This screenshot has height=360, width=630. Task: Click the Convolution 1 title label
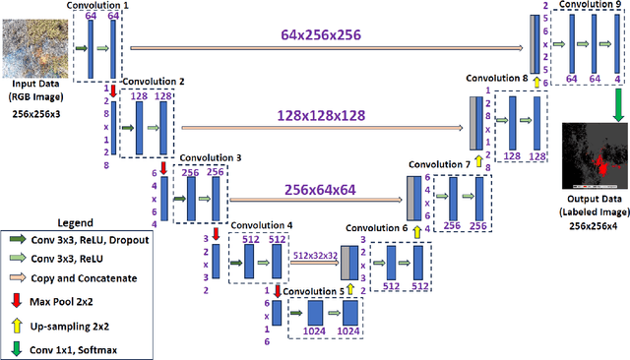coord(97,5)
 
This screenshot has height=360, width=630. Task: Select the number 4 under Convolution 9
coord(616,77)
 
